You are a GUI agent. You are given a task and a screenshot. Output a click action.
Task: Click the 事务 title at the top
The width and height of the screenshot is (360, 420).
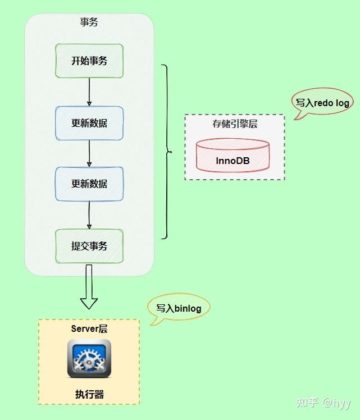click(89, 22)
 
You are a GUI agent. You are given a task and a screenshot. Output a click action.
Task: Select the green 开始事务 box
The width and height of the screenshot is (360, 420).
click(89, 61)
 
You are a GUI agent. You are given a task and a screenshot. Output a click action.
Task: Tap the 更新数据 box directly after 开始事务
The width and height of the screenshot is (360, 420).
click(89, 123)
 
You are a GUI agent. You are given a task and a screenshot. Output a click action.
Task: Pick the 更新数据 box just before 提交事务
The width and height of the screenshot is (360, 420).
click(89, 184)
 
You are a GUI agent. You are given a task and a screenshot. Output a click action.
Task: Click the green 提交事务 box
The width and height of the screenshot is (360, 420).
click(89, 246)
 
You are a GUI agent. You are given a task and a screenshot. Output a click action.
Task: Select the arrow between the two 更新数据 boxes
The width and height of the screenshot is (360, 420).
click(89, 153)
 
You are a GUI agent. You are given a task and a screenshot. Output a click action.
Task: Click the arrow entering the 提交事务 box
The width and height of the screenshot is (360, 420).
click(89, 215)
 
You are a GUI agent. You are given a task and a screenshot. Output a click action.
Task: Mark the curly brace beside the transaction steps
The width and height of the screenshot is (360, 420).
click(166, 152)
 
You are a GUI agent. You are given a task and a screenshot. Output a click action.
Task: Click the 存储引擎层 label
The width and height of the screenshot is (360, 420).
click(234, 124)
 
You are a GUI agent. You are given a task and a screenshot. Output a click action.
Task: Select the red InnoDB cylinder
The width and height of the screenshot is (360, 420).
click(232, 156)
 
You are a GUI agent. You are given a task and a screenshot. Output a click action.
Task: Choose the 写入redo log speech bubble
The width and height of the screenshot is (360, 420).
click(322, 103)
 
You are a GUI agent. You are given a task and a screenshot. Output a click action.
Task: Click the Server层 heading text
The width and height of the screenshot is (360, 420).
click(89, 329)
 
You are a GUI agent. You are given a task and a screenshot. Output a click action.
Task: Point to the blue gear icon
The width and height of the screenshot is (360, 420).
click(89, 358)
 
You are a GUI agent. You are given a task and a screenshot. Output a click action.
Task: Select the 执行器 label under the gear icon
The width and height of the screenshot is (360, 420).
click(89, 394)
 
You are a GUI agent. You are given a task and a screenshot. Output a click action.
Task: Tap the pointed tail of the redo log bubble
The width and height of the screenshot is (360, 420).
click(297, 116)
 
